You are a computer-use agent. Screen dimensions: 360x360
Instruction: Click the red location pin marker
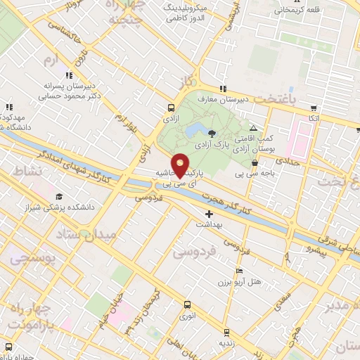tap(180, 165)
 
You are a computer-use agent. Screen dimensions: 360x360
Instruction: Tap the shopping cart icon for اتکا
tap(314, 109)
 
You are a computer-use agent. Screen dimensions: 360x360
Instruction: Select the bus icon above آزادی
tap(170, 108)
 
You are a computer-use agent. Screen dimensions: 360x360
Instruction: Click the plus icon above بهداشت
tap(210, 214)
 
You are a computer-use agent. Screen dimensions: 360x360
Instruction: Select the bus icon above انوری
tap(186, 305)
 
